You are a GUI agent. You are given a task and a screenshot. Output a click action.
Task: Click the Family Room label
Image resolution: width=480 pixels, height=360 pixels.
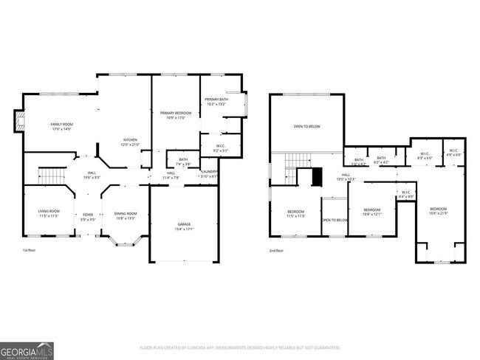(x=61, y=126)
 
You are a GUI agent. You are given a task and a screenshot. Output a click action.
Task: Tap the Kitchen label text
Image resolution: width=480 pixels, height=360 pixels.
(x=131, y=142)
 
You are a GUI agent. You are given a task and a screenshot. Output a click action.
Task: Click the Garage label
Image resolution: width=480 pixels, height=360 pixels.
(x=184, y=226)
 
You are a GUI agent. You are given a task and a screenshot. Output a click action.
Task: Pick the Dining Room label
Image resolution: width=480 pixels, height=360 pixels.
(x=125, y=215)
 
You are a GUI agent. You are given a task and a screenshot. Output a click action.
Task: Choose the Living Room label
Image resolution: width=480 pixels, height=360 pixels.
(x=49, y=214)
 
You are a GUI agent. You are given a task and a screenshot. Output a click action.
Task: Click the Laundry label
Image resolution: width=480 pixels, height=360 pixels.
(x=210, y=174)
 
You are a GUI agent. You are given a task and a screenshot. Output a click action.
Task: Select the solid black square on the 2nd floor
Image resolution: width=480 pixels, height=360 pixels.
(x=317, y=178)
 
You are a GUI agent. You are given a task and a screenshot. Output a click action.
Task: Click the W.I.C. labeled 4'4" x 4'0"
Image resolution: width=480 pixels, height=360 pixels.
(x=405, y=197)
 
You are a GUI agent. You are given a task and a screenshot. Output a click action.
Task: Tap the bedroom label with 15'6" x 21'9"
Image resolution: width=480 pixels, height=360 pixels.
(x=439, y=210)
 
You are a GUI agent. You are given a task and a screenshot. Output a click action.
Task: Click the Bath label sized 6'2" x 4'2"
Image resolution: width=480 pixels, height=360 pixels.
(x=381, y=159)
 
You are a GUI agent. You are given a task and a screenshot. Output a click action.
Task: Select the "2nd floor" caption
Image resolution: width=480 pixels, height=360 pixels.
(x=279, y=252)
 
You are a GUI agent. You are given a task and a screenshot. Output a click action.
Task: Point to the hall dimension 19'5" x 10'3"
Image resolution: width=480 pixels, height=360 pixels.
(x=346, y=179)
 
